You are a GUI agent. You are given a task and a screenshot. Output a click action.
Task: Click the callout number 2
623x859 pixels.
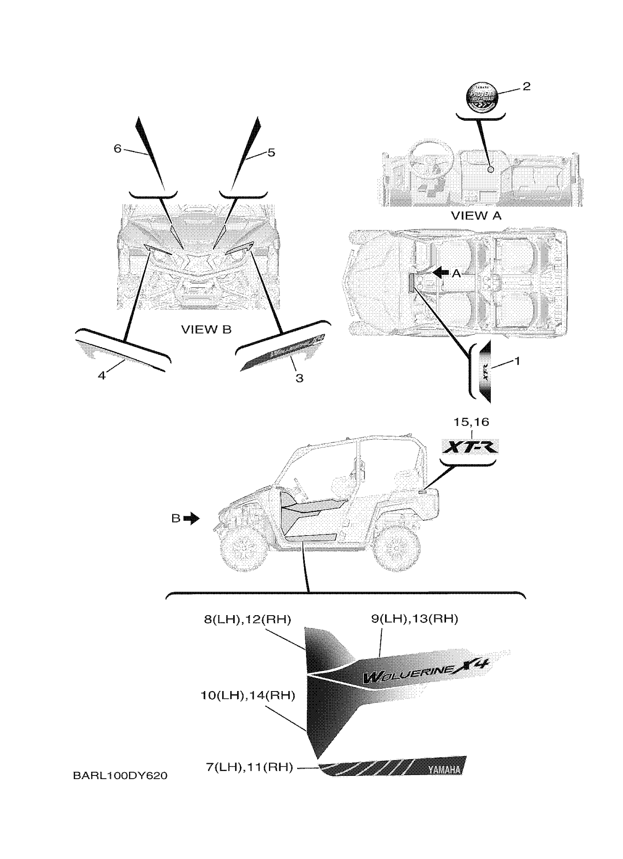(526, 87)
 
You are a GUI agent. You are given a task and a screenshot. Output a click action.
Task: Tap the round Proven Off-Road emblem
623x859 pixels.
(482, 97)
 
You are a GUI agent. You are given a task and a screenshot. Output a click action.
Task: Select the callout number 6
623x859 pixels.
(118, 149)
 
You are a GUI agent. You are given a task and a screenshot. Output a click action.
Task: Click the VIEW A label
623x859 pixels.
(476, 216)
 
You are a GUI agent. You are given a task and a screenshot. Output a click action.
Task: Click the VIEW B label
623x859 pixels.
(206, 330)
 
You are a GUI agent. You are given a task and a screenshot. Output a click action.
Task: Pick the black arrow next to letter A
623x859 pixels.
(440, 272)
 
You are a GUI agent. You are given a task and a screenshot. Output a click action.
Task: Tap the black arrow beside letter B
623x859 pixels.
(192, 518)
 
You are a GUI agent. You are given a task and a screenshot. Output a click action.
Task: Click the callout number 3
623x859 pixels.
(299, 378)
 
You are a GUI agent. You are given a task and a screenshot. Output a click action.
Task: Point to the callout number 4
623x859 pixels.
(102, 376)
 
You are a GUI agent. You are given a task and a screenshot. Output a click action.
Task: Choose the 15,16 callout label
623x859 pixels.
(471, 422)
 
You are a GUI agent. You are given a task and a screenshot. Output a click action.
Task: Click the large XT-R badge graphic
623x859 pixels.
(471, 448)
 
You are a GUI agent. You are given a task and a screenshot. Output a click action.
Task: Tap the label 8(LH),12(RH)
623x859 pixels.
(247, 620)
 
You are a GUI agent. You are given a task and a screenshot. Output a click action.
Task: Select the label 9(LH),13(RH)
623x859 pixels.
(414, 619)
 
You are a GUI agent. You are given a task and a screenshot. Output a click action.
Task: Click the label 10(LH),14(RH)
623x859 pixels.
(247, 695)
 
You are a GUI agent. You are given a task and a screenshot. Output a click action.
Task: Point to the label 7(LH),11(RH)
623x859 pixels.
(250, 767)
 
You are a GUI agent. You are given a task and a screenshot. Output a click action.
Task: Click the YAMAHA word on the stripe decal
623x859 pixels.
(445, 770)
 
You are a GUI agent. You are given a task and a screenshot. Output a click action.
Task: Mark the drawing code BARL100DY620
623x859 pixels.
(120, 776)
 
